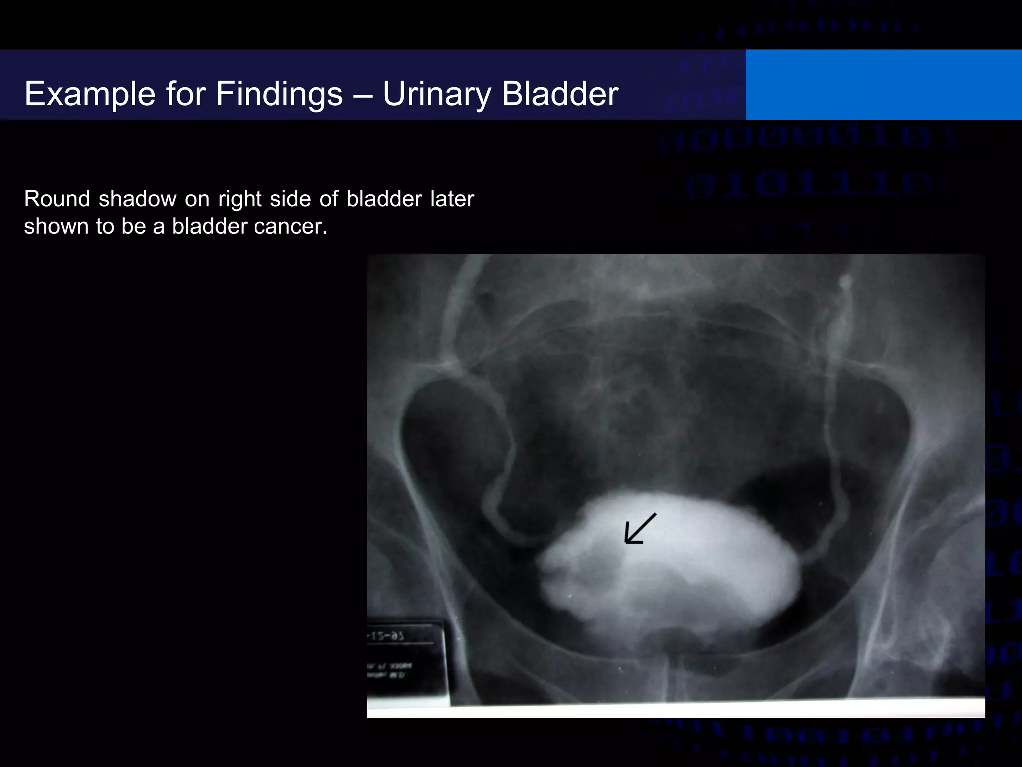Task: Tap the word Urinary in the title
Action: click(437, 94)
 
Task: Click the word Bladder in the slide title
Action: click(560, 94)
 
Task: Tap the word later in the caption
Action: click(452, 199)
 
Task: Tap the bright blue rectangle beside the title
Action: click(883, 85)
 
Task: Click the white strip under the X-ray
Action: click(674, 709)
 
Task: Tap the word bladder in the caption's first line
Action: click(384, 199)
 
